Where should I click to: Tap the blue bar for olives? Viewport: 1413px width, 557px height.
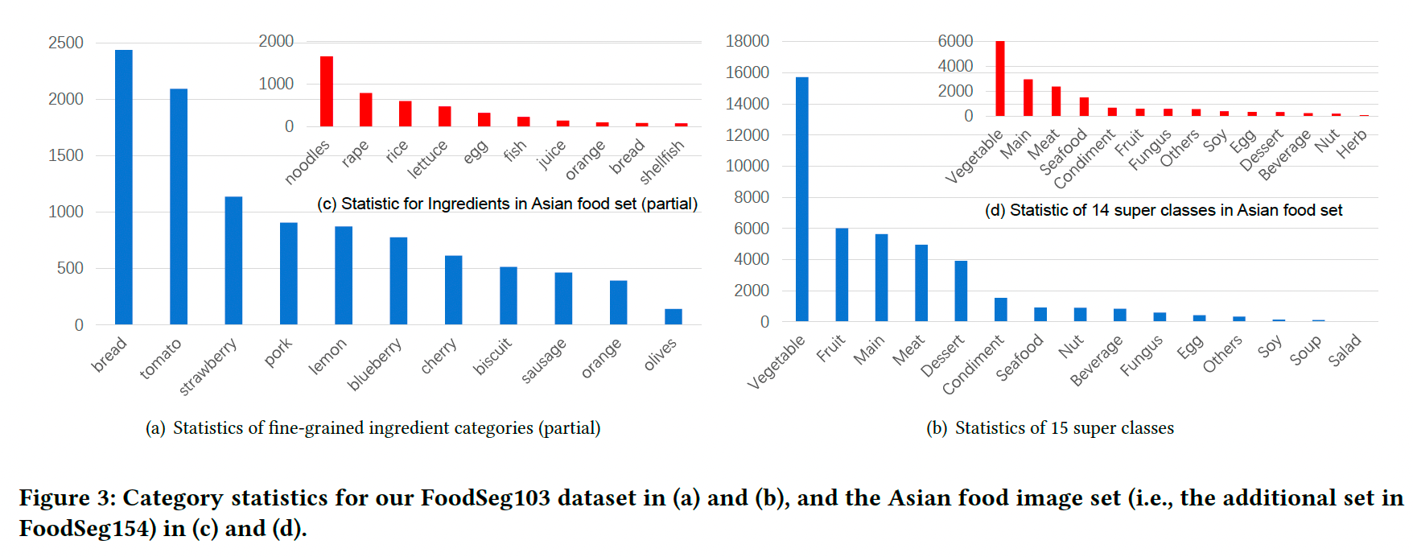click(x=674, y=316)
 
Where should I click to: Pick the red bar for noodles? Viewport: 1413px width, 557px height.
click(x=327, y=91)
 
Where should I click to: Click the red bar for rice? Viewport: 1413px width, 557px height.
click(x=405, y=113)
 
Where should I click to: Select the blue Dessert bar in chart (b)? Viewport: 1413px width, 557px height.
click(x=961, y=291)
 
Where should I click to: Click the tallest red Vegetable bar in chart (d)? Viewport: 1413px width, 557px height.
click(x=1000, y=78)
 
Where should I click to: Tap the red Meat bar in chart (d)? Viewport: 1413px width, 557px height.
click(x=1056, y=101)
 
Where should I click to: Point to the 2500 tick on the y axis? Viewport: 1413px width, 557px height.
click(x=66, y=43)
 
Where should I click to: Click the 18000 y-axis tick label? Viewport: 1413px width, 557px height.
click(x=748, y=41)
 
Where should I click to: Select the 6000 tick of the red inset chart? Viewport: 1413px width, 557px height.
click(x=955, y=41)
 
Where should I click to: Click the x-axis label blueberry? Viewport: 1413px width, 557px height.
click(x=374, y=365)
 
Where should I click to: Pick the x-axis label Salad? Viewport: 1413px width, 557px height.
click(x=1345, y=350)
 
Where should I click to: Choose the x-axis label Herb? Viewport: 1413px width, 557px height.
click(x=1352, y=144)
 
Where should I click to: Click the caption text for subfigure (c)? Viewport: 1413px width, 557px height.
click(x=507, y=204)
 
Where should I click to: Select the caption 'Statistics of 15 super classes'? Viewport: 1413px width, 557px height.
click(x=1064, y=428)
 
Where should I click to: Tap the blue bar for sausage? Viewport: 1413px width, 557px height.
click(x=563, y=298)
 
